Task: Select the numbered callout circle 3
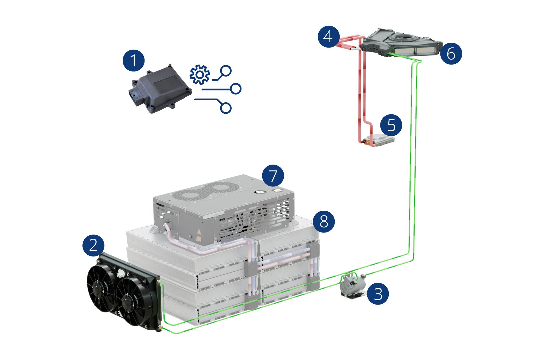pyautogui.click(x=378, y=294)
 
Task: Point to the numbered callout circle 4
pyautogui.click(x=328, y=37)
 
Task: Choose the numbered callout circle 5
pyautogui.click(x=391, y=125)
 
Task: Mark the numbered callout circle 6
pyautogui.click(x=451, y=53)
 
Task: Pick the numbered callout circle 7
pyautogui.click(x=273, y=175)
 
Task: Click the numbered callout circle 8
pyautogui.click(x=324, y=221)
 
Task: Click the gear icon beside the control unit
pyautogui.click(x=200, y=75)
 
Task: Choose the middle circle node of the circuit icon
pyautogui.click(x=236, y=89)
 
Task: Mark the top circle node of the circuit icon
pyautogui.click(x=226, y=70)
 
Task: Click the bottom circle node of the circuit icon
pyautogui.click(x=226, y=108)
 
